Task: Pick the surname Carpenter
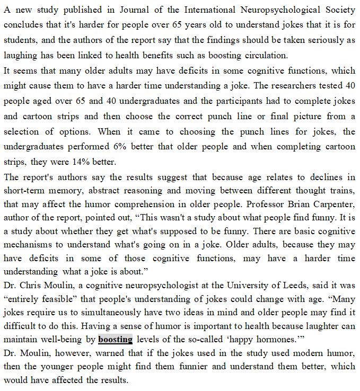click(x=335, y=204)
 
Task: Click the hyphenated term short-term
click(x=24, y=190)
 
